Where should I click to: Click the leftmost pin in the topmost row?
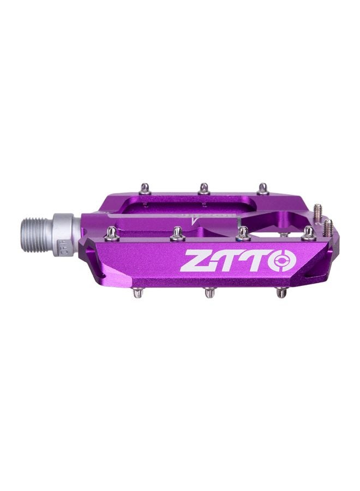point(145,189)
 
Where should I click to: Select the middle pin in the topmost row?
point(203,188)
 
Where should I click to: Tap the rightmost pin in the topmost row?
point(263,189)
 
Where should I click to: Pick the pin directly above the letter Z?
point(177,234)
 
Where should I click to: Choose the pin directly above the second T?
point(243,234)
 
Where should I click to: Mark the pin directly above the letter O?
point(309,233)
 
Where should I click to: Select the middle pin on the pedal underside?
point(209,292)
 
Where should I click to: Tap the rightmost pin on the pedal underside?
point(281,292)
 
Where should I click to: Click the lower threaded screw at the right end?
point(328,226)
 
